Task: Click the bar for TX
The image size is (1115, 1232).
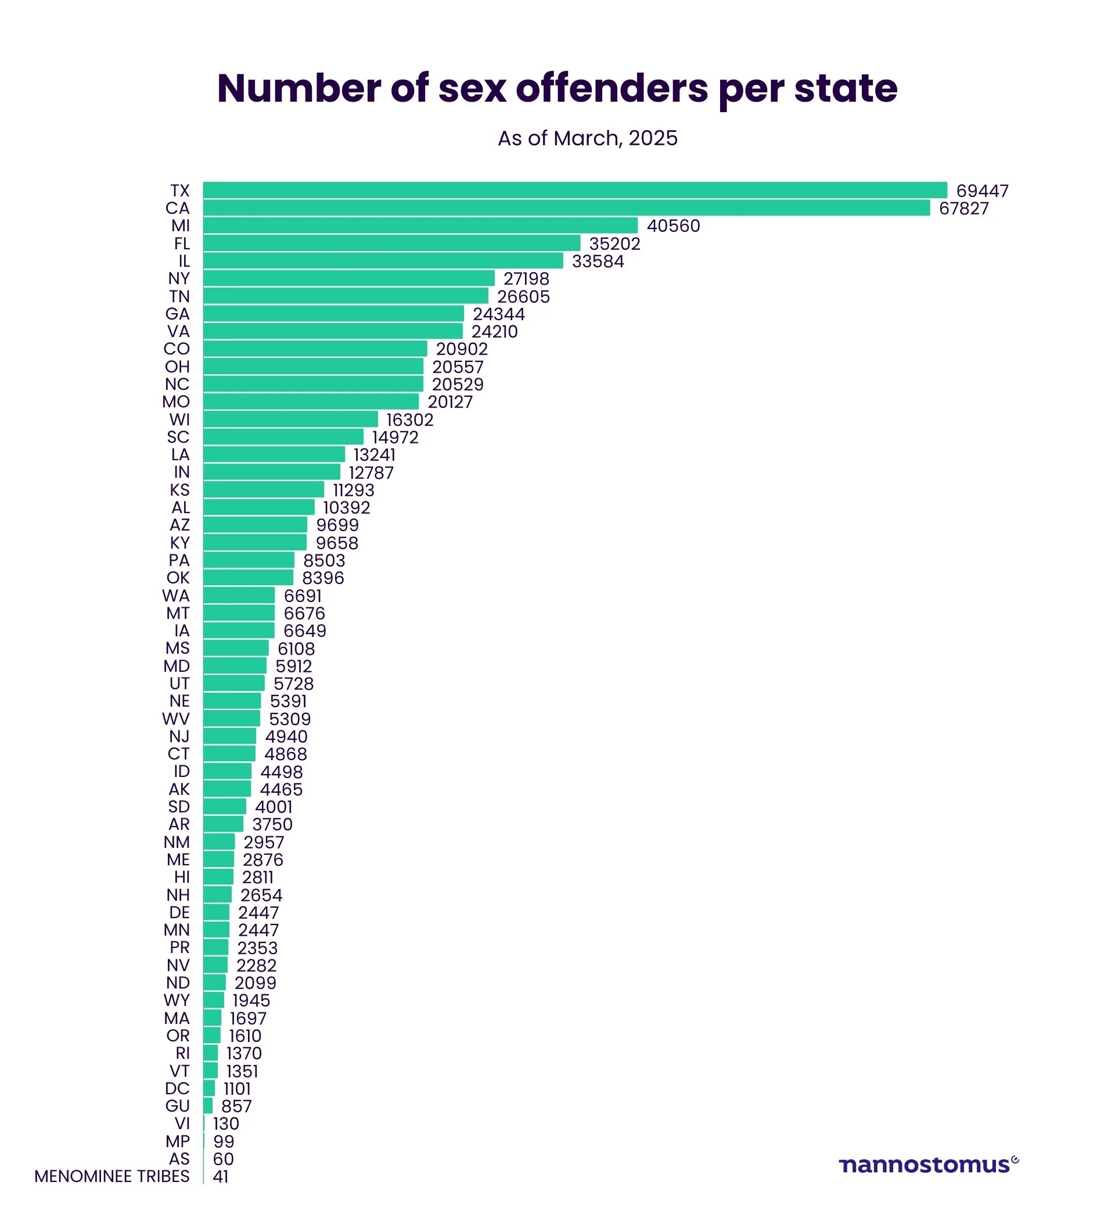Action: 574,190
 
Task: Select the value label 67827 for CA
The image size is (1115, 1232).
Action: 963,209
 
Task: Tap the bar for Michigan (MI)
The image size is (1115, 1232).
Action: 420,225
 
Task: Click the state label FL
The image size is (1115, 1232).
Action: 181,243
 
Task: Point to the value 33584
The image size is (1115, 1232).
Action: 597,261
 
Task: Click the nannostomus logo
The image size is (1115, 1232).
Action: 927,1164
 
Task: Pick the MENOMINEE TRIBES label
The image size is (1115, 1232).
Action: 111,1176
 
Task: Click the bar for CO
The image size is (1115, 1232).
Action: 315,348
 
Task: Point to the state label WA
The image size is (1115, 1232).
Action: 176,595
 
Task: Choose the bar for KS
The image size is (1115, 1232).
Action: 263,489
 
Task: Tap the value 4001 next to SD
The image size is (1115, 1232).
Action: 274,807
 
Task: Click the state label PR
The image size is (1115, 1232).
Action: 179,947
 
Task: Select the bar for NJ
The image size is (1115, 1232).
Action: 229,736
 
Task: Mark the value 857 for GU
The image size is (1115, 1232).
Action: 236,1106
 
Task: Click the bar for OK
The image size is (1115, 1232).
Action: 248,578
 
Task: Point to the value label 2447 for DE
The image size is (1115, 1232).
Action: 258,912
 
